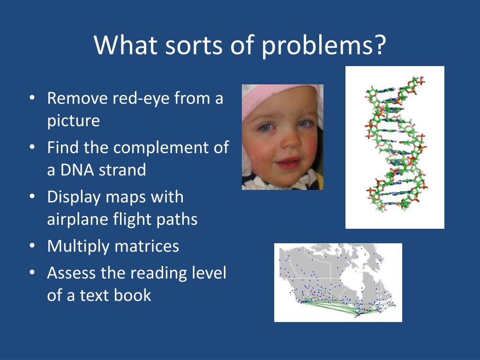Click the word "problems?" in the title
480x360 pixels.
tap(324, 45)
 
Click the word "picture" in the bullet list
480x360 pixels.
tap(74, 121)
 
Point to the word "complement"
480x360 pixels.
tap(159, 148)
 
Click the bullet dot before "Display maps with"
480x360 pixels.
tap(32, 197)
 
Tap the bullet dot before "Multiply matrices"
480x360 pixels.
tap(32, 247)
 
